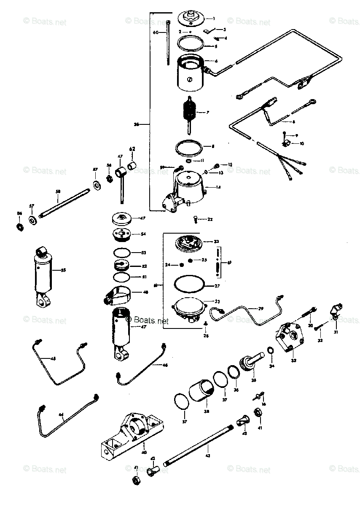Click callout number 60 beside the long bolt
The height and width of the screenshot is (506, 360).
coord(156,32)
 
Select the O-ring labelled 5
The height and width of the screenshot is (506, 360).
coord(191,43)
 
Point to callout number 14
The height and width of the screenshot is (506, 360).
coord(218,187)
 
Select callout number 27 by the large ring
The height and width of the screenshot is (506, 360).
coord(218,285)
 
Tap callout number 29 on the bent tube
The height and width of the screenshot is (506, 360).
coord(261,309)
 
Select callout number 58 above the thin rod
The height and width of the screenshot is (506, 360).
coord(58,191)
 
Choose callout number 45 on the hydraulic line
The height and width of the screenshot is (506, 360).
coord(53,359)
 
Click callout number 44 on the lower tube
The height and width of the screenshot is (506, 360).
coord(61,415)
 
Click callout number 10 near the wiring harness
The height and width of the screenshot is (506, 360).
coord(301,143)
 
